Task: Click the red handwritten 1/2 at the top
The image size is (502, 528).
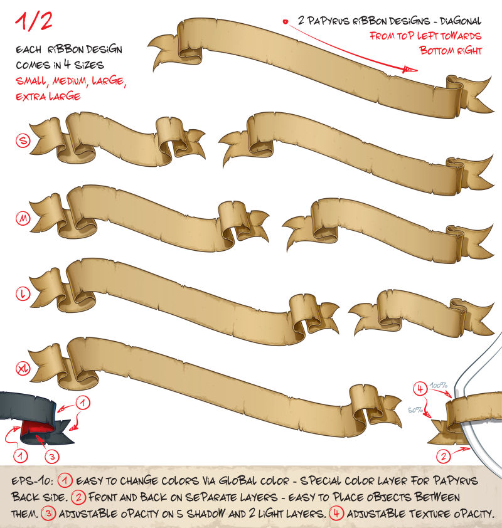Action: [34, 21]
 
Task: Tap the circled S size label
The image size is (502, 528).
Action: [23, 140]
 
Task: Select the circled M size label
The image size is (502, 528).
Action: [23, 218]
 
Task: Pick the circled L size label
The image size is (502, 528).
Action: [23, 293]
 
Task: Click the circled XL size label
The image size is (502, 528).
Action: [23, 368]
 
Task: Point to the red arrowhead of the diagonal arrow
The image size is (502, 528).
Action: [410, 70]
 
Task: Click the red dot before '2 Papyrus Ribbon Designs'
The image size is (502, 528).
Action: [286, 22]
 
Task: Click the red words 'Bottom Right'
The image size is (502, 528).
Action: [451, 51]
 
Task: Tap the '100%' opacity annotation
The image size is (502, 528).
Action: [439, 385]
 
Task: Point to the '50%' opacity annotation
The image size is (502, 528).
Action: [415, 410]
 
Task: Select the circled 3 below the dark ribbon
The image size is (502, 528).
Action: [52, 457]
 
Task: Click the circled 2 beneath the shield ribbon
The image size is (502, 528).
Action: [444, 457]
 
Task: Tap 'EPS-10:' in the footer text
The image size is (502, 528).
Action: [33, 480]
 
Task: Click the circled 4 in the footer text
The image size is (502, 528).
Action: [336, 513]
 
